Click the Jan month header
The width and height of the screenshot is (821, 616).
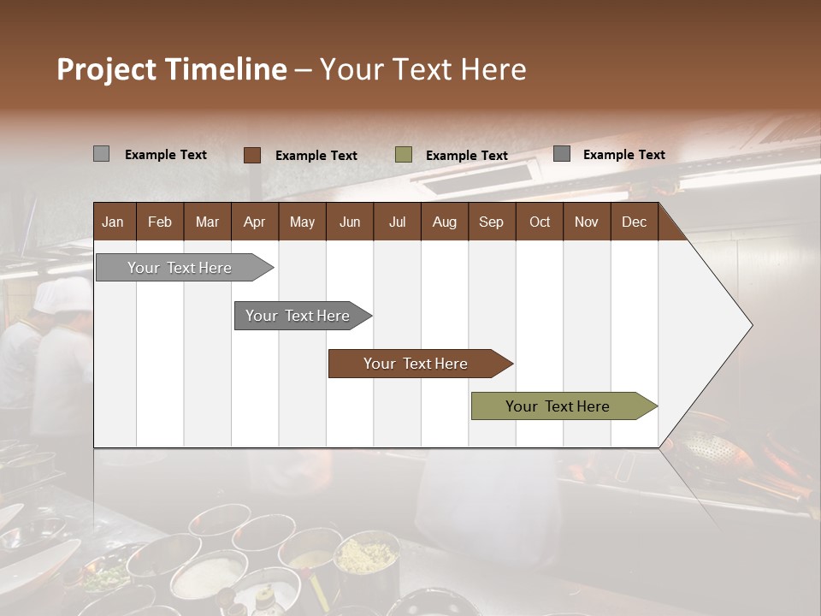(x=113, y=222)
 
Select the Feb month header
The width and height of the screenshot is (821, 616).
(x=160, y=222)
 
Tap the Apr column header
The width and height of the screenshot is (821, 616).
(x=254, y=222)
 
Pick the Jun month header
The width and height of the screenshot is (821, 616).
(x=350, y=222)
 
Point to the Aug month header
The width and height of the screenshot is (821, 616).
(x=444, y=222)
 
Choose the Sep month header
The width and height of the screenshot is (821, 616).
(x=491, y=222)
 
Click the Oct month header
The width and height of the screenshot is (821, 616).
(x=540, y=222)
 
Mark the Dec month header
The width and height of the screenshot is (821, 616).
(x=634, y=222)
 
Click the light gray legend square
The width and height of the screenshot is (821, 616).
(x=101, y=154)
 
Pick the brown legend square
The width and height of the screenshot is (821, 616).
(x=252, y=155)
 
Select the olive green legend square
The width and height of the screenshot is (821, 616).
(x=404, y=155)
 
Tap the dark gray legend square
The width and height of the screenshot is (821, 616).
(x=562, y=154)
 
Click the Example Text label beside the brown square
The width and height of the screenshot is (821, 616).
(x=316, y=156)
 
